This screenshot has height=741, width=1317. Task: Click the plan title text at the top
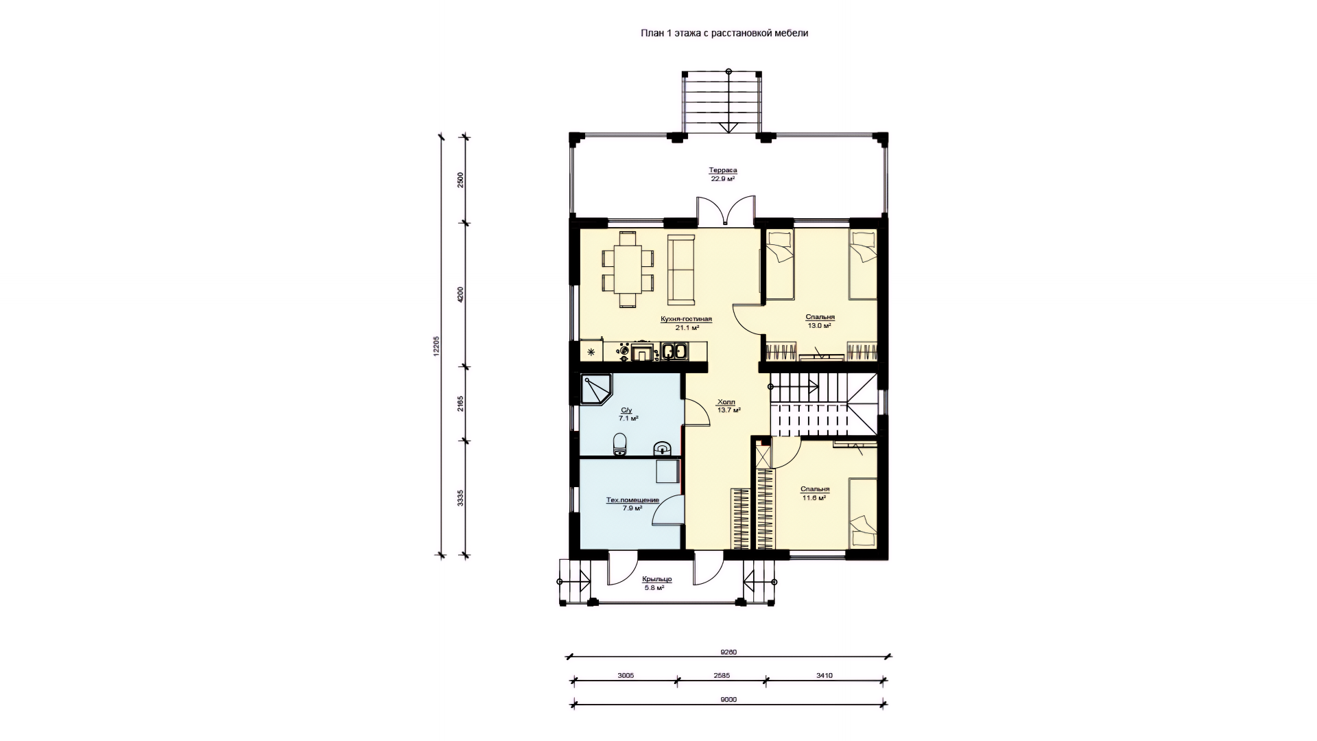(724, 33)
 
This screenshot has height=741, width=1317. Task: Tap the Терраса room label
(723, 170)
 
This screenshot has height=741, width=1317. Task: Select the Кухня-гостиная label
(687, 319)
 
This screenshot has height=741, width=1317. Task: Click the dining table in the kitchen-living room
(628, 270)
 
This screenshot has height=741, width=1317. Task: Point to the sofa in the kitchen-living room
(681, 270)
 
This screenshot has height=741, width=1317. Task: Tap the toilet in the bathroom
(140, 445)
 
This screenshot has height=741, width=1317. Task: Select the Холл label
(726, 402)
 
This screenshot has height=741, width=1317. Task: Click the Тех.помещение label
(632, 500)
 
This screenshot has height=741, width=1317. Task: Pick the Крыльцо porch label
(658, 580)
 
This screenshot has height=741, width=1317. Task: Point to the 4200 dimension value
(461, 295)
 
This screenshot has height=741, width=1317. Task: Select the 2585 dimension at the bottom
(722, 676)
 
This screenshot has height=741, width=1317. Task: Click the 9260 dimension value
(728, 652)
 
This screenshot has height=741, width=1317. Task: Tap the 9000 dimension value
(728, 700)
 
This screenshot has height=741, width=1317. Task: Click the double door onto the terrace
(727, 211)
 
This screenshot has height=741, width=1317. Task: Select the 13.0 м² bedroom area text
(820, 326)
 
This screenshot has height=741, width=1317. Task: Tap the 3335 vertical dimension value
(461, 497)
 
